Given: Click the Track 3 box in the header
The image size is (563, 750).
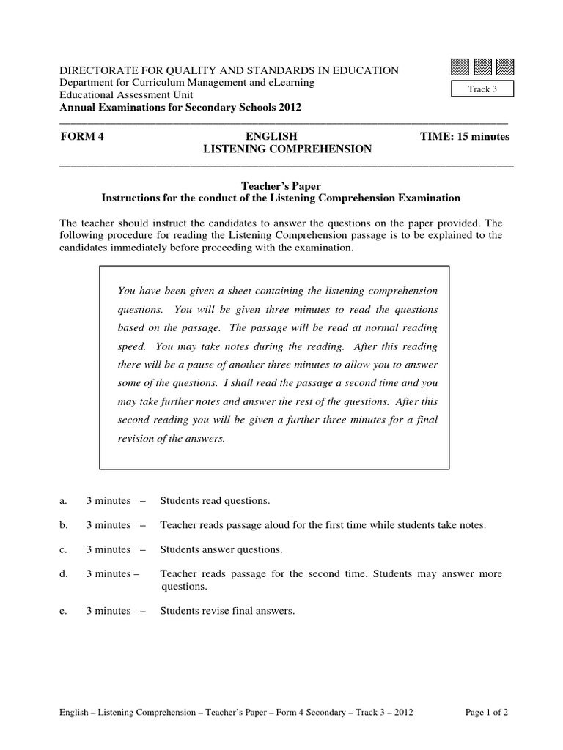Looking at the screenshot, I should coord(482,89).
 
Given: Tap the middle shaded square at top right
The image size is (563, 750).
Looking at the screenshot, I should coord(482,67).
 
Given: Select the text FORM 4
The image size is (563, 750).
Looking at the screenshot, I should coord(77,137).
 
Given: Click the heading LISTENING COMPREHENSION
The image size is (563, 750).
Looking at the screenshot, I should coord(287,149).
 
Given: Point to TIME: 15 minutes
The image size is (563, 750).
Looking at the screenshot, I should coord(464,137).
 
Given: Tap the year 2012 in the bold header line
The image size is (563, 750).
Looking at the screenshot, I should coord(287,107).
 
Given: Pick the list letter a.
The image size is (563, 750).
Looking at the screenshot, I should coord(62,501).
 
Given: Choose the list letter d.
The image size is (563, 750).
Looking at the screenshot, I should coord(62,574).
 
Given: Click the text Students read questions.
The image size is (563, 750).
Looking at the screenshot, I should coord(215,501).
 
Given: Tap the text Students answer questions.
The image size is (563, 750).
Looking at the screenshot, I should coord(221,549).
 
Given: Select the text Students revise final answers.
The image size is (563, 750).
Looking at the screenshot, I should coord(227,611).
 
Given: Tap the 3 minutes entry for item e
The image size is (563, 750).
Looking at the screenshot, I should coord(108,611).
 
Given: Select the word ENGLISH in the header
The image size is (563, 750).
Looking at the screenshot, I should coord(272,137).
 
